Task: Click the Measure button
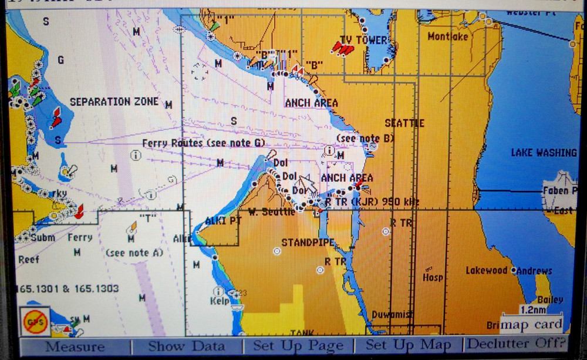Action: (75, 346)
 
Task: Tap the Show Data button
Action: (186, 346)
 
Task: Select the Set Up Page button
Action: (298, 346)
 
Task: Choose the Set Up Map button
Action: (409, 346)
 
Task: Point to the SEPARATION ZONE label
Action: (114, 102)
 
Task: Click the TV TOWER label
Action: (364, 40)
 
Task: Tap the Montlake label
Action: (448, 36)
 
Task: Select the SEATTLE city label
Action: (404, 123)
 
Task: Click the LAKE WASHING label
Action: (544, 153)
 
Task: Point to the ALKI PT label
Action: (223, 221)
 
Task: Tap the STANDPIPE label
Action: (308, 242)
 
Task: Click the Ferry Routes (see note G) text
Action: (203, 143)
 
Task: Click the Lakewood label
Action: (487, 271)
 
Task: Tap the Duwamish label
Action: (393, 314)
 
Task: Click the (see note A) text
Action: (134, 253)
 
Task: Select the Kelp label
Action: (220, 301)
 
